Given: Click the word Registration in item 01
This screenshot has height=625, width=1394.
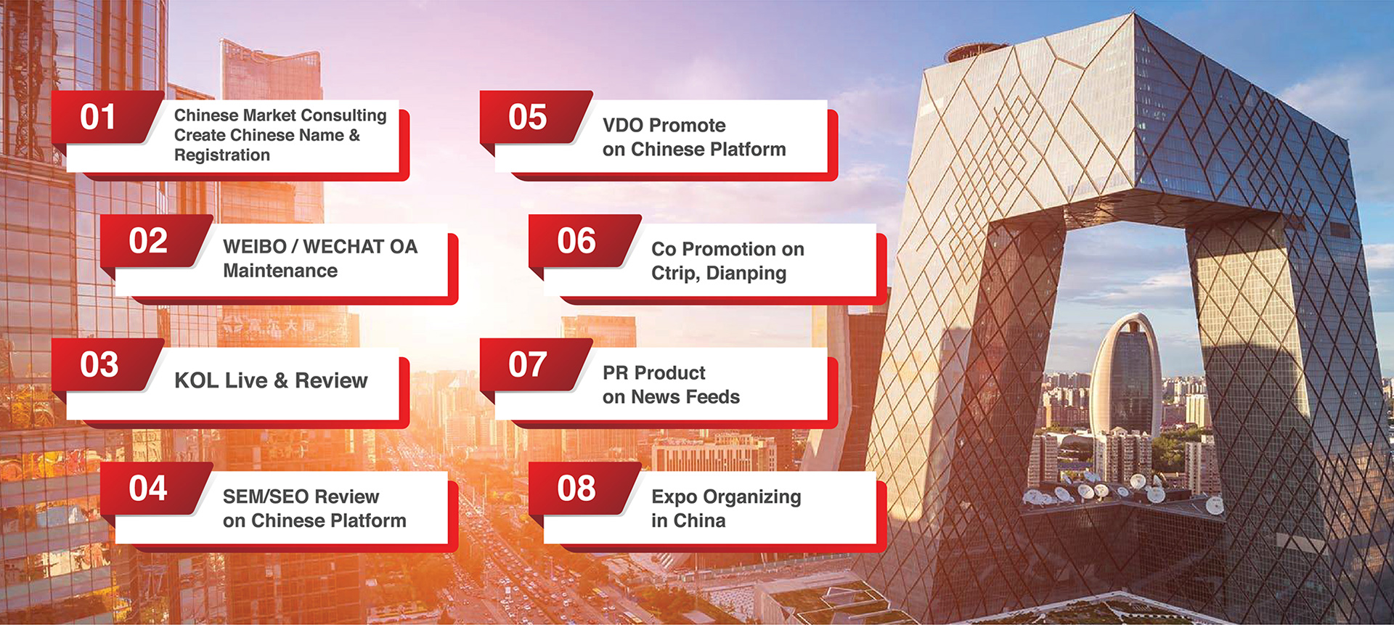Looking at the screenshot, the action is click(x=222, y=155).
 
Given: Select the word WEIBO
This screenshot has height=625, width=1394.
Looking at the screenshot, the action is click(x=255, y=247).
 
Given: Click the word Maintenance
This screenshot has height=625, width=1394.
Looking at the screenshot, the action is click(x=280, y=271).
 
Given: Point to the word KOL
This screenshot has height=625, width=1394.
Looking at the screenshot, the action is click(x=196, y=380).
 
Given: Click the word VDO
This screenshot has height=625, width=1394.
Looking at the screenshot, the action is click(x=624, y=126).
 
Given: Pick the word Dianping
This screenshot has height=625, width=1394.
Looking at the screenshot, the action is click(x=746, y=274).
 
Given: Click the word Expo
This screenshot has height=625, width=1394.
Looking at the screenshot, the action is click(x=674, y=498).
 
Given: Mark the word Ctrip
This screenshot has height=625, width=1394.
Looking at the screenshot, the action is click(x=676, y=274).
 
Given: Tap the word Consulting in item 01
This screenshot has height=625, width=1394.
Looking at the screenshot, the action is click(x=343, y=116).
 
